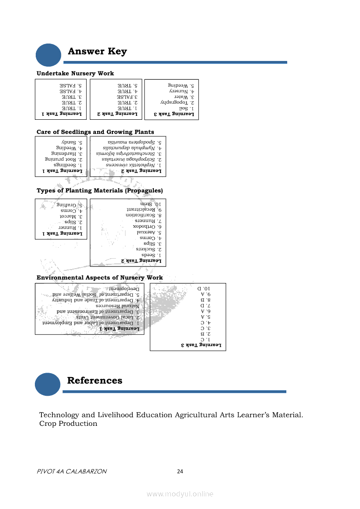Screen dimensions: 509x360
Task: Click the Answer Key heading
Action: coord(97,52)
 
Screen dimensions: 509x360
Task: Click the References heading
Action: coord(95,381)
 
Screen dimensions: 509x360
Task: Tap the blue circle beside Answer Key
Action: coord(48,55)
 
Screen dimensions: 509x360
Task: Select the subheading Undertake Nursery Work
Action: coord(75,73)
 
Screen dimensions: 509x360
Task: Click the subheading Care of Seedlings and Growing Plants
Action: coord(95,132)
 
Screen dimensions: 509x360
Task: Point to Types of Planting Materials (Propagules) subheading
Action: coord(100,191)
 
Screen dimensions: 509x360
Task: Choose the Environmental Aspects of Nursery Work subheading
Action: coord(100,278)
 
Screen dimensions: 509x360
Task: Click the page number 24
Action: coord(180,472)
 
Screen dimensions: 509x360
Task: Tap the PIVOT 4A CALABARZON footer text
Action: coord(72,472)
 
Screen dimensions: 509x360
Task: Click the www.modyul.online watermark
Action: coord(180,494)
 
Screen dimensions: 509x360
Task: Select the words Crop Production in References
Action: coord(68,424)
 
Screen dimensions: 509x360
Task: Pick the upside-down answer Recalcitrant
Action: coord(142,209)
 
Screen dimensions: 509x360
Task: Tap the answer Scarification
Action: coord(143,215)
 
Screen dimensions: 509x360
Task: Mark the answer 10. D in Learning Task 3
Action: coord(204,288)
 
